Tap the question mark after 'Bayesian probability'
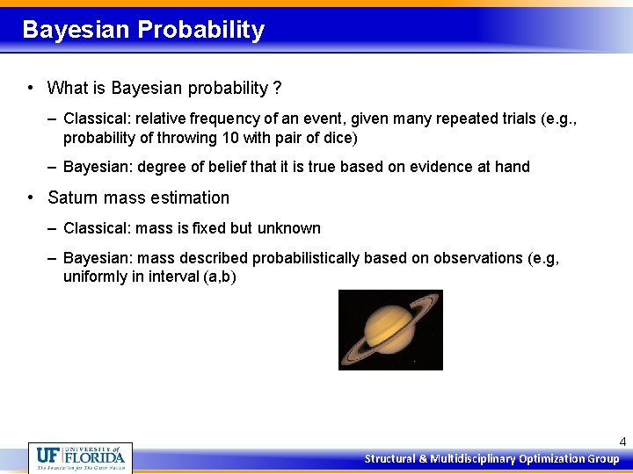click(x=277, y=88)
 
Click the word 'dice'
click(x=342, y=138)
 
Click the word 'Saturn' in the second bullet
click(x=70, y=197)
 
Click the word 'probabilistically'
click(x=308, y=258)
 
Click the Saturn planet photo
click(x=390, y=329)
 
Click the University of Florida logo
click(x=80, y=457)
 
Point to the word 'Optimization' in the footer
click(x=552, y=458)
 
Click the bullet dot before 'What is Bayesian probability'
click(x=31, y=88)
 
